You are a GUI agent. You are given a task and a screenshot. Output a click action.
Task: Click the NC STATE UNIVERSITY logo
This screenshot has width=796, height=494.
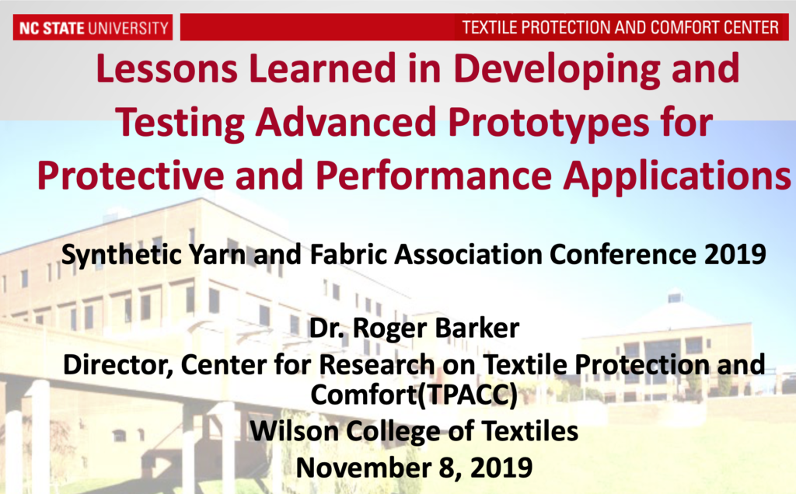point(92,29)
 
